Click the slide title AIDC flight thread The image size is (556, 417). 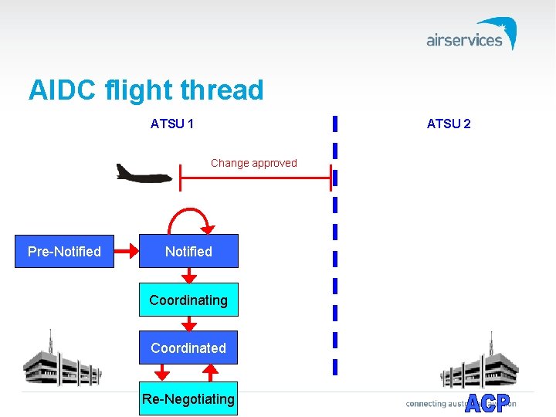(x=146, y=90)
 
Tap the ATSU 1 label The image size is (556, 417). (x=172, y=124)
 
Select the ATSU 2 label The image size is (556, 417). (x=449, y=124)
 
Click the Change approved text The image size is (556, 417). (x=253, y=163)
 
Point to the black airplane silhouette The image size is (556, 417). (x=143, y=174)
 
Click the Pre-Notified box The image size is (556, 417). (x=64, y=252)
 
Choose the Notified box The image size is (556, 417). (x=188, y=252)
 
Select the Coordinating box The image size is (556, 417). (x=188, y=300)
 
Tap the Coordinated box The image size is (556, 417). (x=188, y=348)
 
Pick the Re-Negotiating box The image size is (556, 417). (x=188, y=399)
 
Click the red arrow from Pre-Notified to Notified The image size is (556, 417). (x=126, y=252)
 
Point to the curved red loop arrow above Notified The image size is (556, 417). (x=189, y=217)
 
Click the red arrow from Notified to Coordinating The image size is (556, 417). (x=188, y=276)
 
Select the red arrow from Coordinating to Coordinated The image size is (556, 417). (x=188, y=324)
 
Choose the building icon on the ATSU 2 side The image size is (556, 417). (x=479, y=363)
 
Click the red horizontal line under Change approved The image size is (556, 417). (x=255, y=178)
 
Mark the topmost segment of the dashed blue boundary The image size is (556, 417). (x=334, y=124)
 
